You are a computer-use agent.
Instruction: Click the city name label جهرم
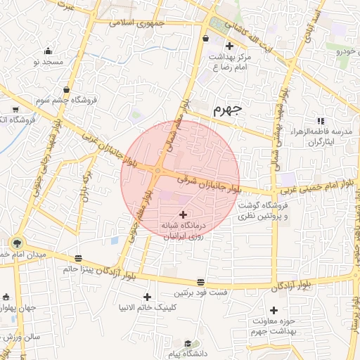[x=227, y=110]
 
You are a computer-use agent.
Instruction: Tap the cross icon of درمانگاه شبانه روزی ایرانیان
[x=184, y=214]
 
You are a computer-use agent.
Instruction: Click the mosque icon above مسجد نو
[x=48, y=51]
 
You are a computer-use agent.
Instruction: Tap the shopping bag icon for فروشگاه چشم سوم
[x=66, y=90]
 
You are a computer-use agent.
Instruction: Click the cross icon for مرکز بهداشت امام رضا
[x=229, y=46]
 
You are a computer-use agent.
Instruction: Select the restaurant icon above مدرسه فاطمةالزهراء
[x=321, y=121]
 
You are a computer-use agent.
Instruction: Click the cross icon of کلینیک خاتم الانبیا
[x=147, y=297]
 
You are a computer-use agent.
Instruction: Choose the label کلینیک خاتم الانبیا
[x=147, y=308]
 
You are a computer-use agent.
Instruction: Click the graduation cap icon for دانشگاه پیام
[x=188, y=343]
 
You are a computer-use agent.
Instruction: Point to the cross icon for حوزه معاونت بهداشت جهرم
[x=274, y=310]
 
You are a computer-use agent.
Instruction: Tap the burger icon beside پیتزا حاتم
[x=77, y=257]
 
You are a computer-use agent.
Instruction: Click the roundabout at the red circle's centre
[x=159, y=171]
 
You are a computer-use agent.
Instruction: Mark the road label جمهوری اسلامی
[x=137, y=22]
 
